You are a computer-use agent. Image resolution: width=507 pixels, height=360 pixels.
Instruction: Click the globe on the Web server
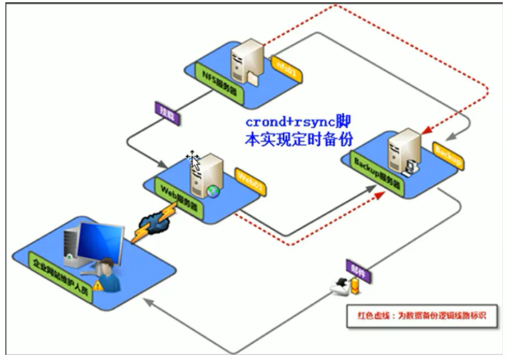tap(213, 192)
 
